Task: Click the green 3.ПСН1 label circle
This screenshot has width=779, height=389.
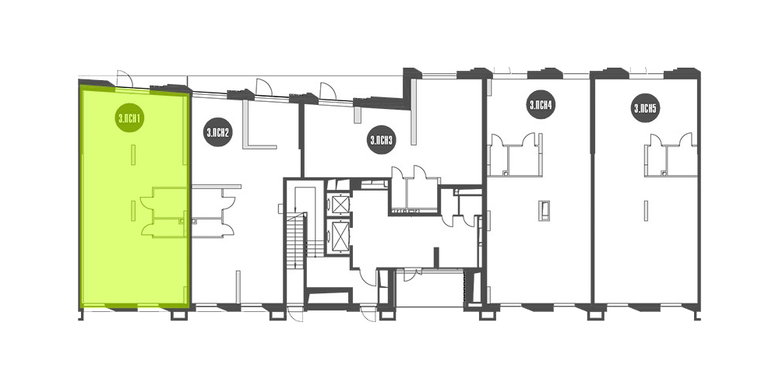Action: coord(129,117)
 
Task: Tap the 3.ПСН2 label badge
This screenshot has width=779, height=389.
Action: coord(217,132)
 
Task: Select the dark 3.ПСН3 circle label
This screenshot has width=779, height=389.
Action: coord(381,140)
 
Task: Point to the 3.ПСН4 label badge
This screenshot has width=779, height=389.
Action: coord(541,105)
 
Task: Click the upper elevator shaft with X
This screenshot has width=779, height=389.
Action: coord(341,204)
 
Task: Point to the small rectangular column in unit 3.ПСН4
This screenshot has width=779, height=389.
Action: coord(545,210)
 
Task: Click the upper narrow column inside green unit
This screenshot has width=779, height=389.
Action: coord(132,154)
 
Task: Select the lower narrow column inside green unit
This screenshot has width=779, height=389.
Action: coord(132,210)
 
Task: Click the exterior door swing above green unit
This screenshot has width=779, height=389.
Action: coord(124,78)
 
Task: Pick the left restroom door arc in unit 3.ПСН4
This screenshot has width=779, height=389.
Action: coord(497,139)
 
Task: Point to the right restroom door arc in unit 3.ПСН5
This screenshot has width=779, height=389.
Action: coord(686,139)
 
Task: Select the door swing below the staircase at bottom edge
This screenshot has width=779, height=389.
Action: coord(295,314)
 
